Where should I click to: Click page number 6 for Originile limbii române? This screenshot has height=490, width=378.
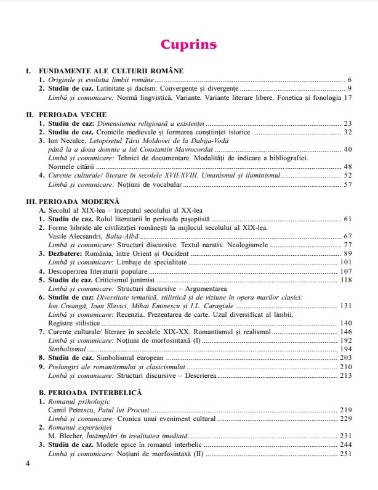[x=349, y=81]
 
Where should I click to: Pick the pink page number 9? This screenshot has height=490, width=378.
[x=349, y=89]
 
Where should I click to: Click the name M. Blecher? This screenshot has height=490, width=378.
[x=65, y=435]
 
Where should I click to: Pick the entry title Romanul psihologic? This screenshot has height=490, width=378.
[x=78, y=401]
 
